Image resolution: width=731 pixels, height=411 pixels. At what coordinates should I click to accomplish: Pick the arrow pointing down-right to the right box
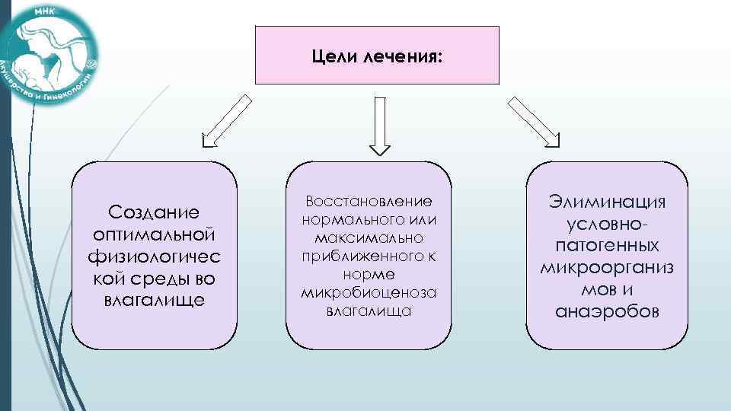coord(534,119)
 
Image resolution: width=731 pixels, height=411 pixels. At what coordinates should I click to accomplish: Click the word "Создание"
coord(154,210)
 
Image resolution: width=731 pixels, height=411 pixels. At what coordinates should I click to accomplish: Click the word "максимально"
coord(368,238)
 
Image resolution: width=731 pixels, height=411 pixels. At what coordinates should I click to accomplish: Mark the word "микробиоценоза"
coord(368,293)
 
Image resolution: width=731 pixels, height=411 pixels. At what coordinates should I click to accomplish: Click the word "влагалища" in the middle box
coord(368,311)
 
